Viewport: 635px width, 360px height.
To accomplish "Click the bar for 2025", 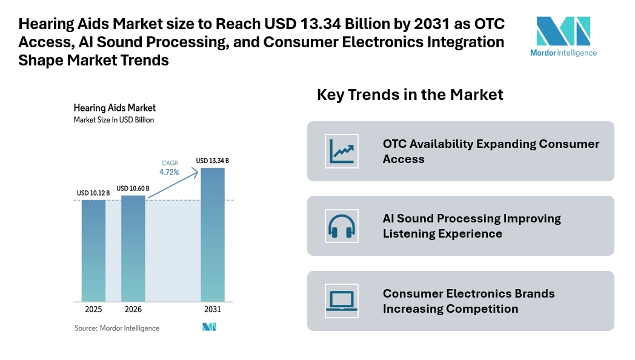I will (93, 250).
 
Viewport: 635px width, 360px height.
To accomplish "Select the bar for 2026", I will (133, 248).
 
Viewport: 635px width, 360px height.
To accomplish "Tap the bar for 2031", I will (212, 235).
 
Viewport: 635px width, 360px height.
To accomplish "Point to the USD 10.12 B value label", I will (93, 193).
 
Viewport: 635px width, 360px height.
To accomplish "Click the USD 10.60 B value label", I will (133, 188).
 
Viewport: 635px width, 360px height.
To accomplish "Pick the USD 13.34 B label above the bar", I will (212, 161).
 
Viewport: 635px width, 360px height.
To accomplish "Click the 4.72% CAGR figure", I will (169, 172).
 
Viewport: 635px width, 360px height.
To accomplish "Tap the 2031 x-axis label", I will (212, 309).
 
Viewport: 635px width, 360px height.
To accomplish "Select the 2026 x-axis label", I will (133, 309).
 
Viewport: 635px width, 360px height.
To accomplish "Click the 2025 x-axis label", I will (93, 309).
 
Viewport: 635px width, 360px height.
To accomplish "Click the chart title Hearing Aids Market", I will (115, 108).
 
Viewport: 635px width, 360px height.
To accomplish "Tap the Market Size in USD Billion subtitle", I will (114, 120).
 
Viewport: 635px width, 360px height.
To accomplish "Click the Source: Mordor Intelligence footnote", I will (117, 328).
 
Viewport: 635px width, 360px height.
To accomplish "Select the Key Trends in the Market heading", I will (410, 95).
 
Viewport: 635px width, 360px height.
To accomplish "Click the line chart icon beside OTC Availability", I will (342, 152).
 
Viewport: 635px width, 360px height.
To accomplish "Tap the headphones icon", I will (342, 226).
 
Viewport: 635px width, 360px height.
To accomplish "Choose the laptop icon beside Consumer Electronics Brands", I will (342, 301).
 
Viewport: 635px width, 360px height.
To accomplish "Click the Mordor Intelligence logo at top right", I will (563, 36).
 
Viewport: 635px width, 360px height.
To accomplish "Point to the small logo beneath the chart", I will (209, 327).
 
